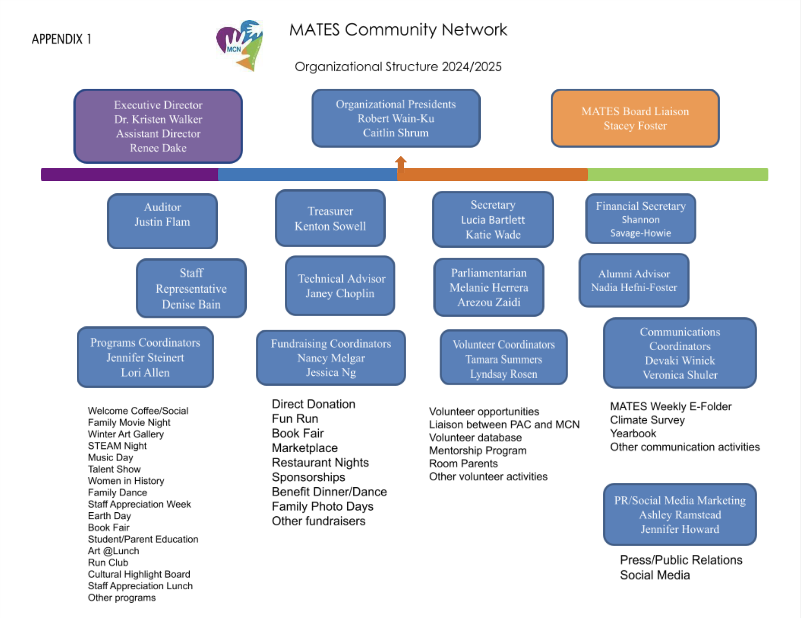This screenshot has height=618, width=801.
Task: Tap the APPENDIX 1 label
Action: tap(61, 39)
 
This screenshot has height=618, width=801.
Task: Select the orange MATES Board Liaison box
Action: tap(635, 118)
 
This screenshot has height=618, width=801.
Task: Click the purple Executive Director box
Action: tap(158, 126)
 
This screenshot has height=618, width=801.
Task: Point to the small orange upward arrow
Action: tap(400, 163)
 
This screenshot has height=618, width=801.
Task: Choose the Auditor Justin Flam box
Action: tap(162, 221)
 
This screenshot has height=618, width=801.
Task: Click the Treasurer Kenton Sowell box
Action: tap(330, 219)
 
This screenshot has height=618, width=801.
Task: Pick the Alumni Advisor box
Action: tap(634, 280)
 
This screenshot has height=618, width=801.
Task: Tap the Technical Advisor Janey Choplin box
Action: tap(340, 286)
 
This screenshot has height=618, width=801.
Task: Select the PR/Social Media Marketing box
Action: tap(679, 514)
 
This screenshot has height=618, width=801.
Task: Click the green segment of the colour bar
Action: tap(678, 174)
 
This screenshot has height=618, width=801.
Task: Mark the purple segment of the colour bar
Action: tap(129, 174)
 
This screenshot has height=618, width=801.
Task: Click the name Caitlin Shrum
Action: tap(396, 133)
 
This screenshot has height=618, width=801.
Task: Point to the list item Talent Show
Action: tap(114, 469)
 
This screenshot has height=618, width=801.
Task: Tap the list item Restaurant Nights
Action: tap(320, 462)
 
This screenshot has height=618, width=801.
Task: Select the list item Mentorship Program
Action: tap(478, 450)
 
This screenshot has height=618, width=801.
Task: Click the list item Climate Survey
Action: tap(647, 420)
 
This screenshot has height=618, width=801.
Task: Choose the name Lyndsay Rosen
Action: tap(504, 374)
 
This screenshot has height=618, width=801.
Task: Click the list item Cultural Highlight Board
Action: tap(139, 574)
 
